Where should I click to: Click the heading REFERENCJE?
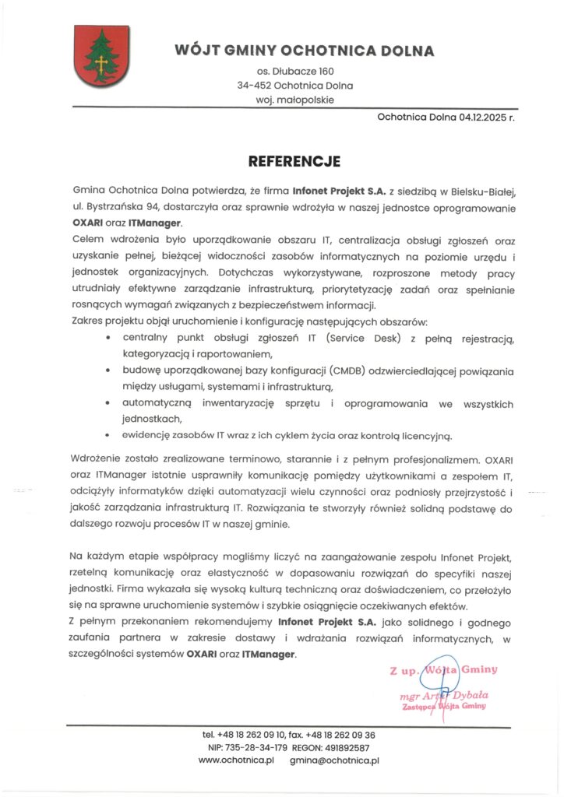point(294,163)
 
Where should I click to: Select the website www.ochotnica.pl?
point(237,760)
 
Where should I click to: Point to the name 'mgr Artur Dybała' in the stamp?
point(442,694)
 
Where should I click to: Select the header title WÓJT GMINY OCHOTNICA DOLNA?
point(304,51)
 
